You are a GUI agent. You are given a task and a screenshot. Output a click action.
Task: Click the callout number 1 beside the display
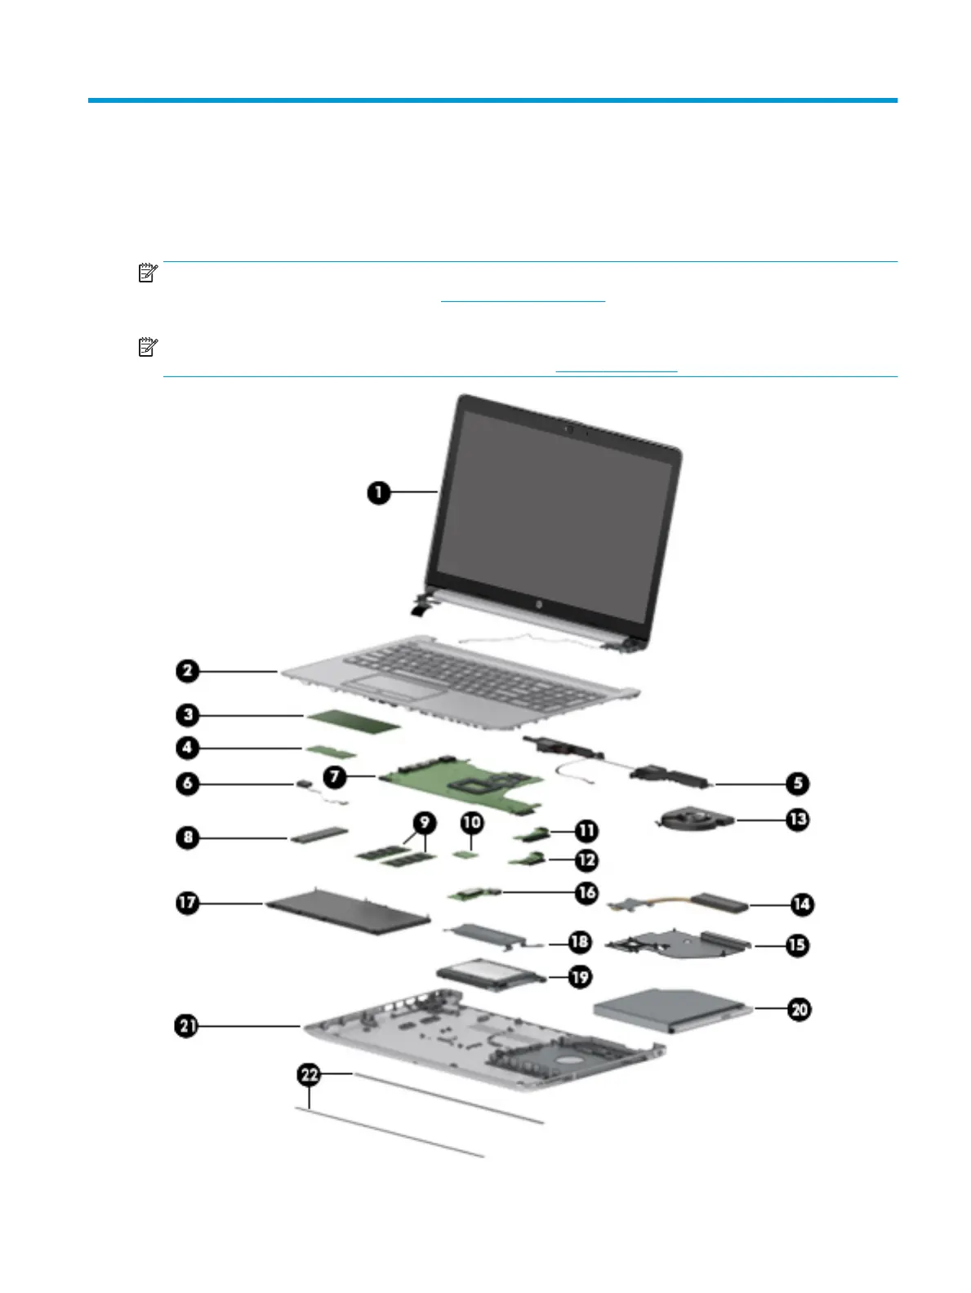(x=378, y=492)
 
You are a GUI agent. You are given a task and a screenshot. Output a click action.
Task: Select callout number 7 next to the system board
(x=335, y=776)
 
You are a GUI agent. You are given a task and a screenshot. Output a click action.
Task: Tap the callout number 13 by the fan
(x=798, y=819)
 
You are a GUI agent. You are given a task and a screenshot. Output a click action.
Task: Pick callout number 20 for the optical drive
(x=799, y=1009)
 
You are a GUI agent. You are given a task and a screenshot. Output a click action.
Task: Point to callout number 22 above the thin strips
(x=309, y=1075)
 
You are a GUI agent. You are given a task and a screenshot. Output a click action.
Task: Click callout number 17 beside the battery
(x=188, y=903)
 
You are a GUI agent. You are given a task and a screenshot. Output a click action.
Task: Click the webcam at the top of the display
(x=568, y=428)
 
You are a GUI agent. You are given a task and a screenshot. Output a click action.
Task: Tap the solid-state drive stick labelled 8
(x=318, y=837)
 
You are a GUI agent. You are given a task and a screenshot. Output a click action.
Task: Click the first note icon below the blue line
(x=147, y=273)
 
